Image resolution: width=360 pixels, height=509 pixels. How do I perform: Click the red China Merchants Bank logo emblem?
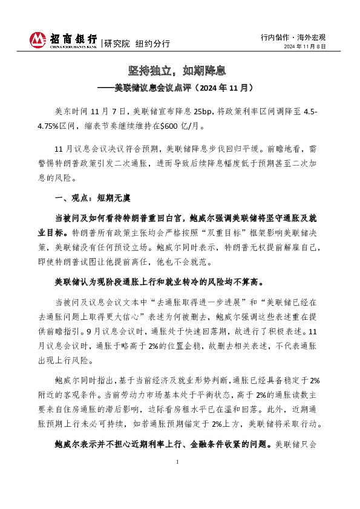38,41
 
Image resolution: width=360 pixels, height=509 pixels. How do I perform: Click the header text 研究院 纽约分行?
137,44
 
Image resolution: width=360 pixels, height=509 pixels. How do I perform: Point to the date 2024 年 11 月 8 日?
305,47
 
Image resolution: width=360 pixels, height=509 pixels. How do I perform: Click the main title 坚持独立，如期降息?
180,71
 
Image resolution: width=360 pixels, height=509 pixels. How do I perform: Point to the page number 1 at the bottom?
178,479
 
